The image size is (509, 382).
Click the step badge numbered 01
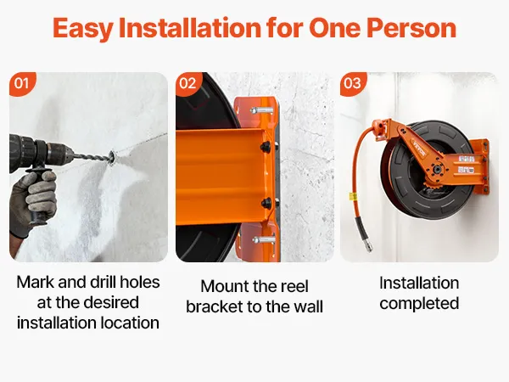(21, 83)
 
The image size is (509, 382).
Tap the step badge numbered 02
(187, 83)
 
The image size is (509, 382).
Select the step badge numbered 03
(353, 83)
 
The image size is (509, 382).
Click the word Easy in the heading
(83, 29)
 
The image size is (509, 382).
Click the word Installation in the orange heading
(190, 28)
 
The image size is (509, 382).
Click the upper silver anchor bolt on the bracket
(261, 110)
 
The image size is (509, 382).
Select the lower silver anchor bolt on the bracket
(264, 241)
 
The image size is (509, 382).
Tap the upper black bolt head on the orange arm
(266, 147)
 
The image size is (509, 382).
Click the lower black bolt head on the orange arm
(267, 204)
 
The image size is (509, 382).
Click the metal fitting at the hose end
(368, 244)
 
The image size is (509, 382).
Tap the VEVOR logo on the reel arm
(418, 148)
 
